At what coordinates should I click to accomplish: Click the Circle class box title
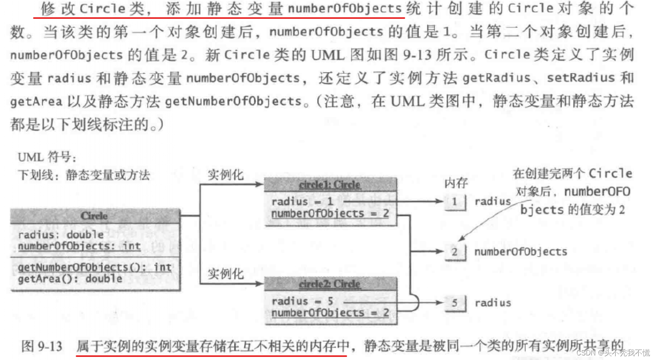(95, 216)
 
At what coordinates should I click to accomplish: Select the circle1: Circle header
(330, 185)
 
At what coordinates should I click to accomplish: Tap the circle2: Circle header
(330, 284)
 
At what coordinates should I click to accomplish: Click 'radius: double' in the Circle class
(61, 235)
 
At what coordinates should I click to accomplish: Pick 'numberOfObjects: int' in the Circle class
(79, 246)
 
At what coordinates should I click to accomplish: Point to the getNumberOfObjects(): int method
(95, 267)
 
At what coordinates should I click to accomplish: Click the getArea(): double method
(70, 279)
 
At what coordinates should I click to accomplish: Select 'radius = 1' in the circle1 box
(302, 202)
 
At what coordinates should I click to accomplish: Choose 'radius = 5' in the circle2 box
(302, 301)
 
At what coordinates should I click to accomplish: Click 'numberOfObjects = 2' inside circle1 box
(330, 213)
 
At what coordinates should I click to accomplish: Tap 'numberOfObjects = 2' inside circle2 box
(330, 313)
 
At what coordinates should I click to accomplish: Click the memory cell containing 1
(455, 202)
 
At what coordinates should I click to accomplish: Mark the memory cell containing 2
(455, 252)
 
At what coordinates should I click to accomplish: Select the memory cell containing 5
(455, 303)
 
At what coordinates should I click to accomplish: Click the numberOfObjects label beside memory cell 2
(521, 252)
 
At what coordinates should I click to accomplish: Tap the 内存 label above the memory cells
(456, 183)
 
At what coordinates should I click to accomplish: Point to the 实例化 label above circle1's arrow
(226, 175)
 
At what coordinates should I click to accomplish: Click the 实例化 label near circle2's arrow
(226, 274)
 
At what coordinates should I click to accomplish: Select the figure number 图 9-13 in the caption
(42, 346)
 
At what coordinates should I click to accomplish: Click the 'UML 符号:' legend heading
(47, 157)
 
